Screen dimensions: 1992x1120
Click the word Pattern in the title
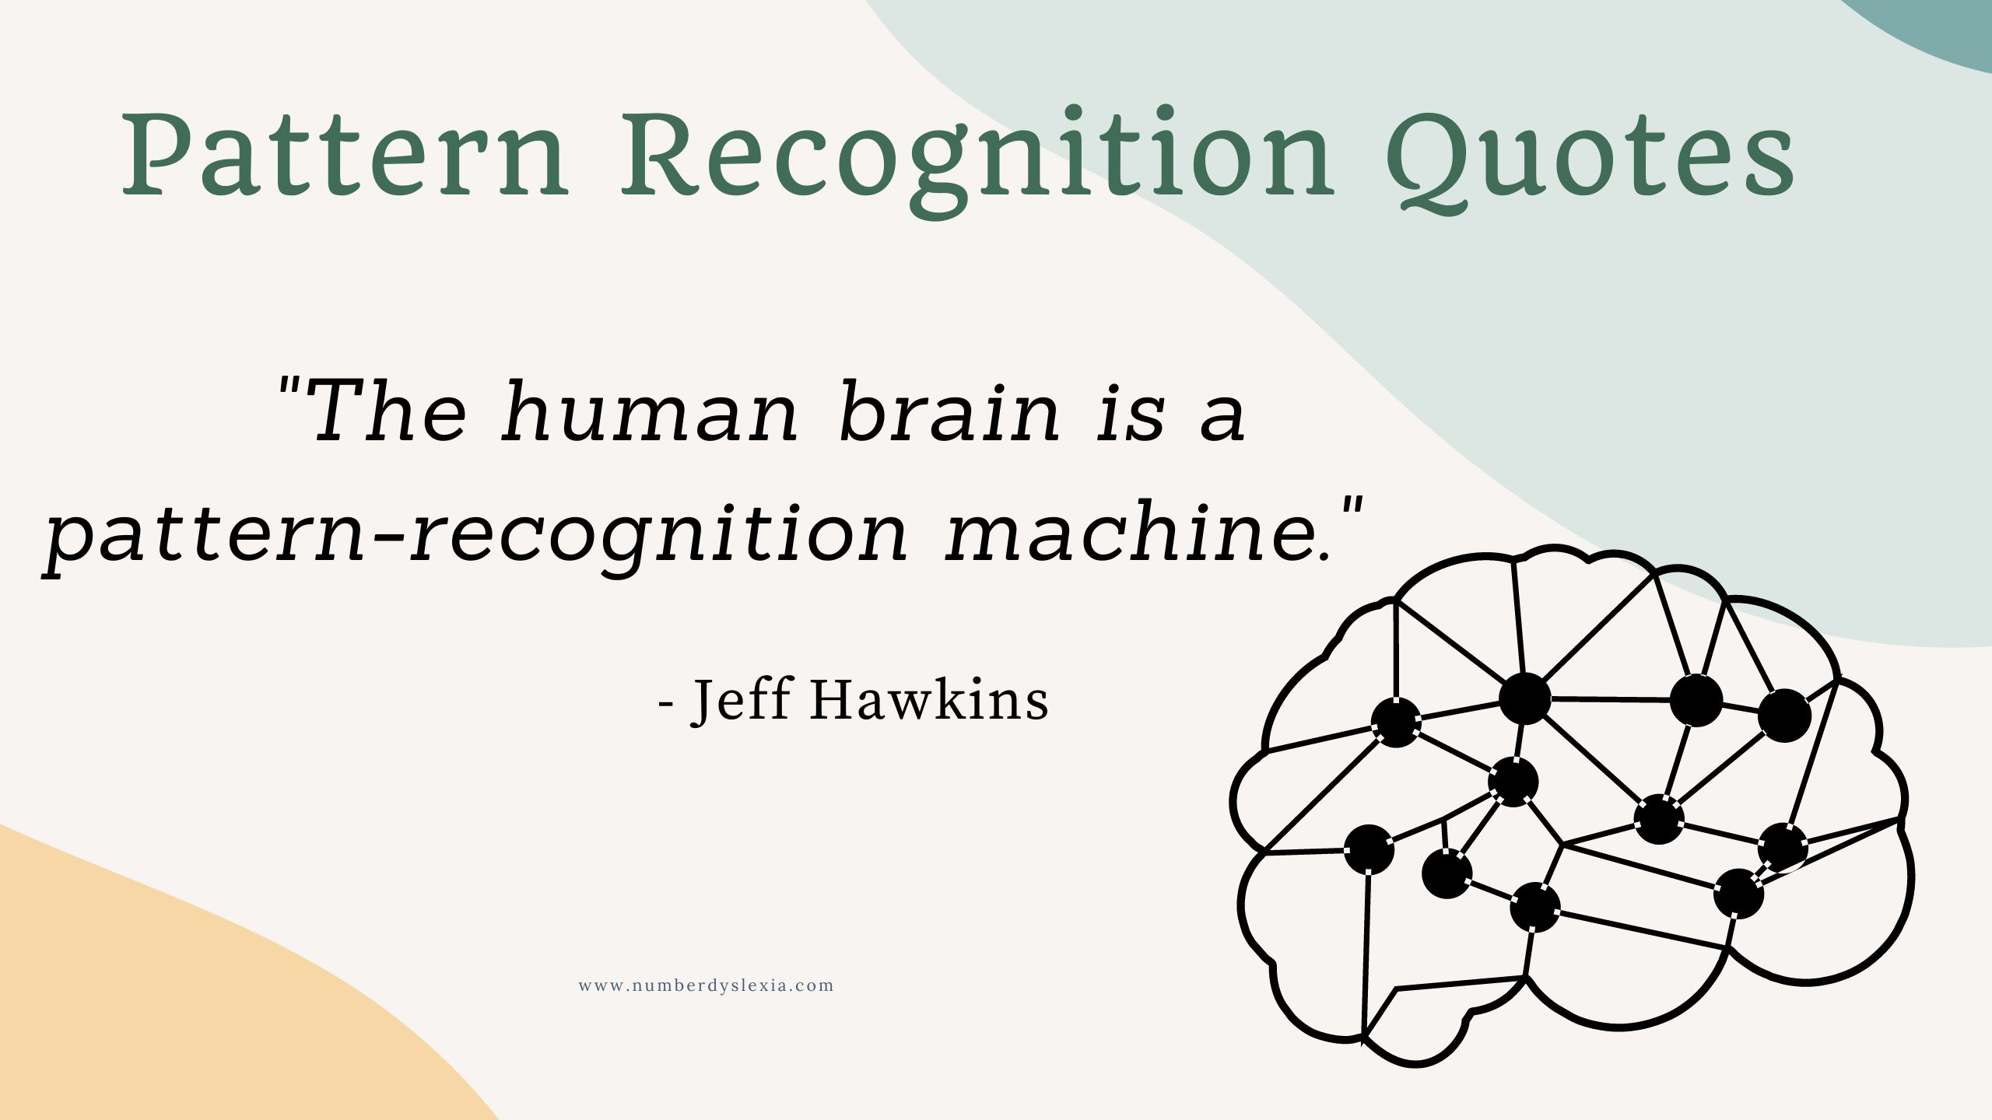click(346, 155)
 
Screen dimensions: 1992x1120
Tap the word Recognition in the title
click(977, 159)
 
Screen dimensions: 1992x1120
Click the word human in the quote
click(650, 412)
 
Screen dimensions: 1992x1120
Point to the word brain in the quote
click(949, 412)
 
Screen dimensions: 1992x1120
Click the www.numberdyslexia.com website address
click(707, 985)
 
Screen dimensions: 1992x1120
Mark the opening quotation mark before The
click(291, 386)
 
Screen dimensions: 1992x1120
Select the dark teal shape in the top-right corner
click(1930, 27)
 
